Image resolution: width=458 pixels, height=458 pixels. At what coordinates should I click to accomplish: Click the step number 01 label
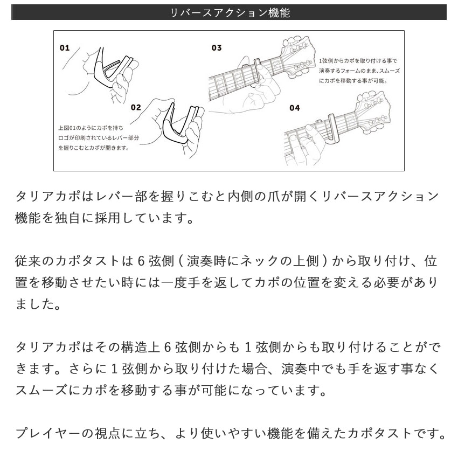point(65,48)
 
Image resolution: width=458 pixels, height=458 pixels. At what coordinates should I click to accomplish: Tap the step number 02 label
point(135,107)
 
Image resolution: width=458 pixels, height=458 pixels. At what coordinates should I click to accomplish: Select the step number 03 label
point(217,48)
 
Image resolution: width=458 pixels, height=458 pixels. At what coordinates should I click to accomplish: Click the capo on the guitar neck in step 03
point(257,70)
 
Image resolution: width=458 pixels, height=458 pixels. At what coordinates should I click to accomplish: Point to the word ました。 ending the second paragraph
point(38,304)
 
